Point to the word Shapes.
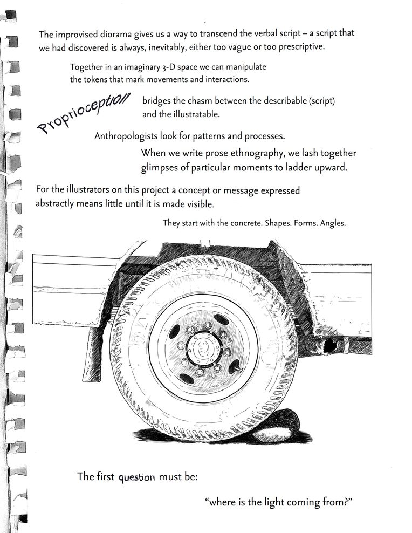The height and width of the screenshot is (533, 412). pos(279,223)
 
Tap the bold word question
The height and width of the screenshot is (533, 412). pos(137,477)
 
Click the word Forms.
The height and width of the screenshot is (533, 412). pos(307,223)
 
